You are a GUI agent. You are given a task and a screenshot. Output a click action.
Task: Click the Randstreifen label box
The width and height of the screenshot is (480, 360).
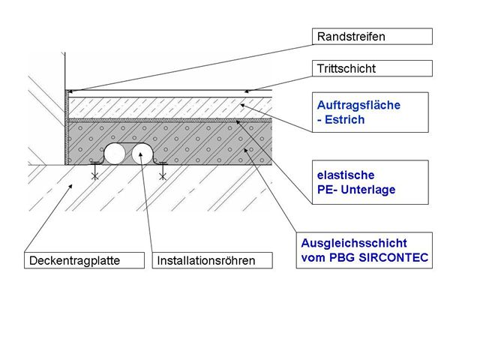(372, 37)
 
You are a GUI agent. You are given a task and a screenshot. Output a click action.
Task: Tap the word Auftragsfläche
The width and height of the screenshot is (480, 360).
(358, 105)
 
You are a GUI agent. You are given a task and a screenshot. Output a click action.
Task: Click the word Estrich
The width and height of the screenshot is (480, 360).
(345, 120)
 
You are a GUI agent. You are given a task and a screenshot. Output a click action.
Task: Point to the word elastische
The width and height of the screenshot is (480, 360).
(346, 175)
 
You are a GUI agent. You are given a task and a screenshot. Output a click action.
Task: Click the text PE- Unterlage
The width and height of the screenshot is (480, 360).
(356, 190)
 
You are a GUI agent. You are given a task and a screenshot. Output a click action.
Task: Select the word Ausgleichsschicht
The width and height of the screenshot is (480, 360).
(354, 243)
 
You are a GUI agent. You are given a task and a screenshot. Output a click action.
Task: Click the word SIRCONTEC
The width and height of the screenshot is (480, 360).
(393, 257)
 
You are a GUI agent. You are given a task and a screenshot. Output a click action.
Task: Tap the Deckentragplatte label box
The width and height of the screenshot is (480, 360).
(84, 260)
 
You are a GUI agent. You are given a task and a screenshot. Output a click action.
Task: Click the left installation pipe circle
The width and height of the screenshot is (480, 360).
(115, 154)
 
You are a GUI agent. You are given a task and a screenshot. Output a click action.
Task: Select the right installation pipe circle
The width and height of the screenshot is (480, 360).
(142, 154)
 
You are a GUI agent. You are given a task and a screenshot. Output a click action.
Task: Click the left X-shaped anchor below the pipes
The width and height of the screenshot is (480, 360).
(95, 176)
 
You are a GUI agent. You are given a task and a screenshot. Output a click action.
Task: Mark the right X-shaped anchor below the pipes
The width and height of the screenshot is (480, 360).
(163, 176)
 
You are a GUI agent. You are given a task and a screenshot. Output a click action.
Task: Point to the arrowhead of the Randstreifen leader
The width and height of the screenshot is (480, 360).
(70, 91)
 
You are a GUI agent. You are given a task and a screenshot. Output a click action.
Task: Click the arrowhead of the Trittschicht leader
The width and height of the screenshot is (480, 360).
(247, 91)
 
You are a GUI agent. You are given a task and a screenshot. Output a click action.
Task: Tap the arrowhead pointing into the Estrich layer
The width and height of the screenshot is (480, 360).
(242, 106)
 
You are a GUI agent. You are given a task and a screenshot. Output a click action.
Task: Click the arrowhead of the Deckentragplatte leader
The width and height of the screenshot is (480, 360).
(70, 186)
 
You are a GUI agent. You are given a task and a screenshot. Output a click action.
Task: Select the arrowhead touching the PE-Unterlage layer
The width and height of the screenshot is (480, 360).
(238, 122)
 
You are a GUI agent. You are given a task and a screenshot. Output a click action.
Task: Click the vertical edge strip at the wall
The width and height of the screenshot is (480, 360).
(67, 127)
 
